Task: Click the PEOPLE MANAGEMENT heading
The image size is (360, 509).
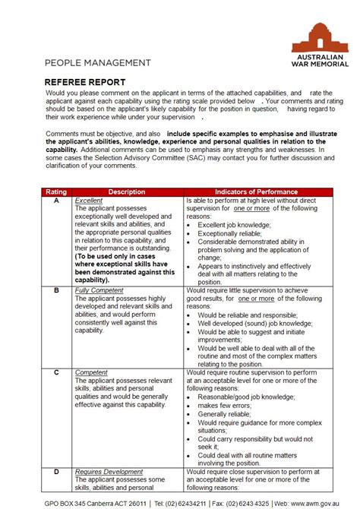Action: [x=97, y=62]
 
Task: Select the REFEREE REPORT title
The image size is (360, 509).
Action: [x=85, y=81]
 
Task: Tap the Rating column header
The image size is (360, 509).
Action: [x=56, y=192]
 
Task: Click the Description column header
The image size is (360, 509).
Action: [x=127, y=192]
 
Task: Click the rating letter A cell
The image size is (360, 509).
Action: [x=56, y=201]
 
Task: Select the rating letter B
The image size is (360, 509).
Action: [x=56, y=290]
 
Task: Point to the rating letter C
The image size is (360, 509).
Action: [x=56, y=372]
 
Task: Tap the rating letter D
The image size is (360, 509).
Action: [x=56, y=472]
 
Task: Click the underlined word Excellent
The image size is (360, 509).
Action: [x=89, y=201]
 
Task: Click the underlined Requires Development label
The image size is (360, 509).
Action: [x=109, y=472]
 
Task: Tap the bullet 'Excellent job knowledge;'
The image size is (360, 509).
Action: [x=233, y=226]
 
